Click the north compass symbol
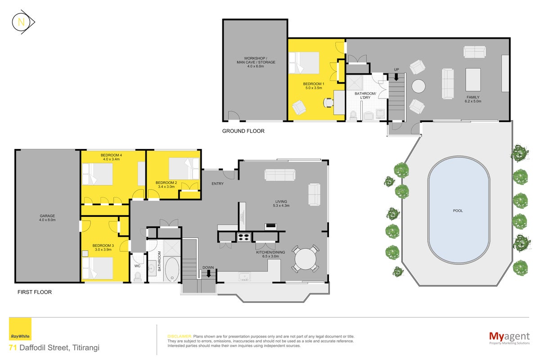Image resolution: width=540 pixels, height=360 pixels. coord(23,22)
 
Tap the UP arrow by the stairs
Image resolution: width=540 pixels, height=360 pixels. coord(396,77)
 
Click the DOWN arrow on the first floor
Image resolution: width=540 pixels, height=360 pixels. coord(208,274)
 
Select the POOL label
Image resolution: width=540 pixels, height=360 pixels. coord(458,211)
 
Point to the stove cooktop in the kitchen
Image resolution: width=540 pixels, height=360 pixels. coord(244,237)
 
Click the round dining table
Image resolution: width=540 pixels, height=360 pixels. coord(305,259)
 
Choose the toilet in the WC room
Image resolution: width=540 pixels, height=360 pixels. coord(138,276)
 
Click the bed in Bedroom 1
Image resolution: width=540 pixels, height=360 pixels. coord(304,63)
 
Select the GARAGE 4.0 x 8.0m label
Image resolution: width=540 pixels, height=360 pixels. coord(47,218)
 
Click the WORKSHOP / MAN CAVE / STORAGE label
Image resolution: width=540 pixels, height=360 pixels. coord(256,62)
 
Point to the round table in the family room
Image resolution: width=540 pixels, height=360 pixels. coord(418,86)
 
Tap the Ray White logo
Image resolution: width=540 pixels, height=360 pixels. coord(20,329)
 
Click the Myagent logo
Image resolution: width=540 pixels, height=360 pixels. coord(509,338)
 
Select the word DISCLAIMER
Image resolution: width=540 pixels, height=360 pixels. coord(180,336)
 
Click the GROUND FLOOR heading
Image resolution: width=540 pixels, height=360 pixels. coord(243,131)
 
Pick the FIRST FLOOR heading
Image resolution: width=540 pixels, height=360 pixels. coord(35,292)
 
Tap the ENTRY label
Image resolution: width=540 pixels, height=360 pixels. coord(217,184)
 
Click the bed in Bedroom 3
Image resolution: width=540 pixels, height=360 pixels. coord(97,268)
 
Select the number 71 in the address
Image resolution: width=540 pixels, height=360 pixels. coord(13,347)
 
